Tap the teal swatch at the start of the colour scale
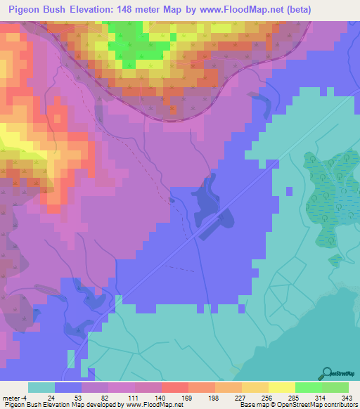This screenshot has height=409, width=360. click(x=41, y=387)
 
